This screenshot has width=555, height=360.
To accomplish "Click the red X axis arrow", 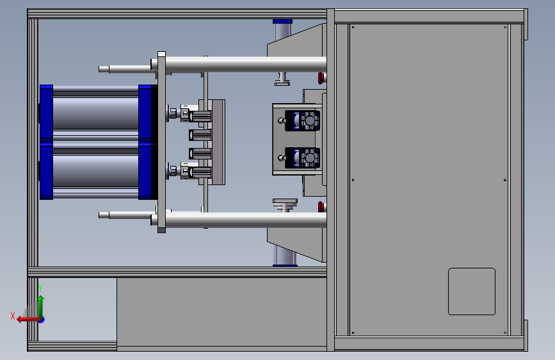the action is click(28, 320).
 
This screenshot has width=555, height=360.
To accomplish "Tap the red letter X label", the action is click(13, 316).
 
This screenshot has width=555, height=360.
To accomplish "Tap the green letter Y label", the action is click(40, 288).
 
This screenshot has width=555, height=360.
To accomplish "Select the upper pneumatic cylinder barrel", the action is click(95, 113).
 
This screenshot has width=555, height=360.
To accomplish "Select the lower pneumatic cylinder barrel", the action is click(95, 171).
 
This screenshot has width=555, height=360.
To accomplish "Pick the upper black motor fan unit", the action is click(302, 120).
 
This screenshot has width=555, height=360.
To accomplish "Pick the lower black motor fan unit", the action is click(302, 158).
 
